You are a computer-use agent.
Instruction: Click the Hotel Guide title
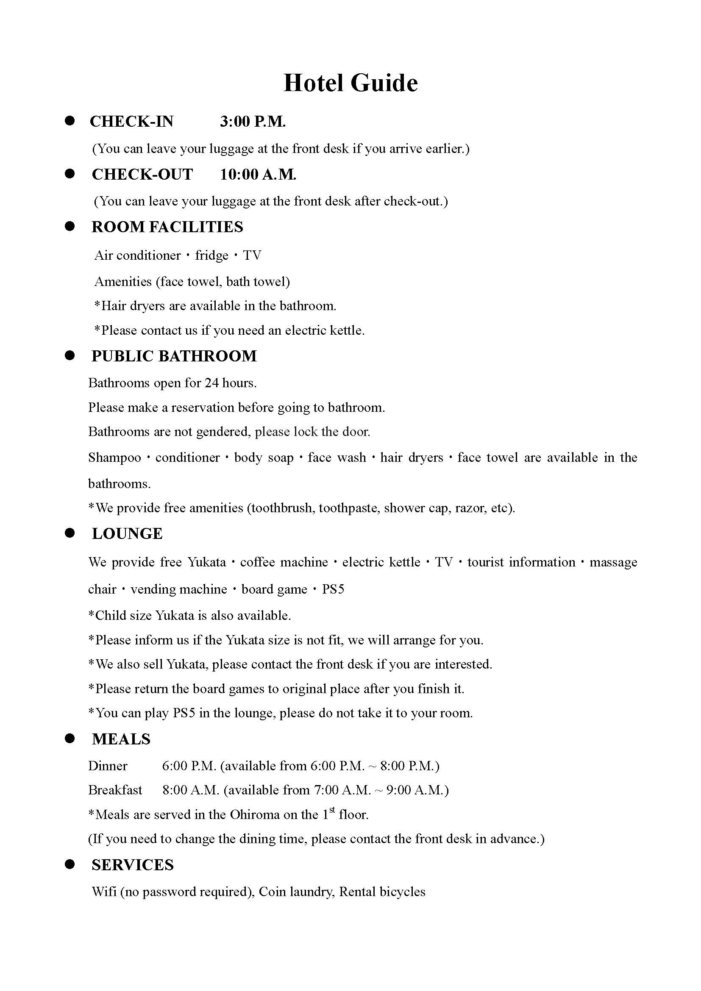click(350, 83)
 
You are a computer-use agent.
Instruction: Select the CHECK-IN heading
click(132, 121)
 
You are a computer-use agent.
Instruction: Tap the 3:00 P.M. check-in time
click(253, 121)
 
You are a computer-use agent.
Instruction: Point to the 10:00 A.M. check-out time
click(258, 175)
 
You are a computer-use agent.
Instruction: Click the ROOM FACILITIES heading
click(167, 227)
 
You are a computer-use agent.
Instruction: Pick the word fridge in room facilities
click(211, 255)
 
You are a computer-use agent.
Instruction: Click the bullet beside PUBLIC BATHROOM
click(70, 355)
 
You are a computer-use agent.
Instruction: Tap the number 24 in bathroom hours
click(211, 383)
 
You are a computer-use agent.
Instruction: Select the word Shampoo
click(114, 458)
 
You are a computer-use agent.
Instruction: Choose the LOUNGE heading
click(127, 533)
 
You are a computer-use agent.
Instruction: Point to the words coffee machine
click(284, 562)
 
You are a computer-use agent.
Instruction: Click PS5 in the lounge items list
click(333, 589)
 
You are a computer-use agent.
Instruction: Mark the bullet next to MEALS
click(70, 738)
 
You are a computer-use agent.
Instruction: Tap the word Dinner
click(108, 766)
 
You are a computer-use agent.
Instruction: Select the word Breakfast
click(115, 790)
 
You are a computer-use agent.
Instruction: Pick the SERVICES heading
click(133, 865)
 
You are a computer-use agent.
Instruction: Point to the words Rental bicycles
click(382, 892)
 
